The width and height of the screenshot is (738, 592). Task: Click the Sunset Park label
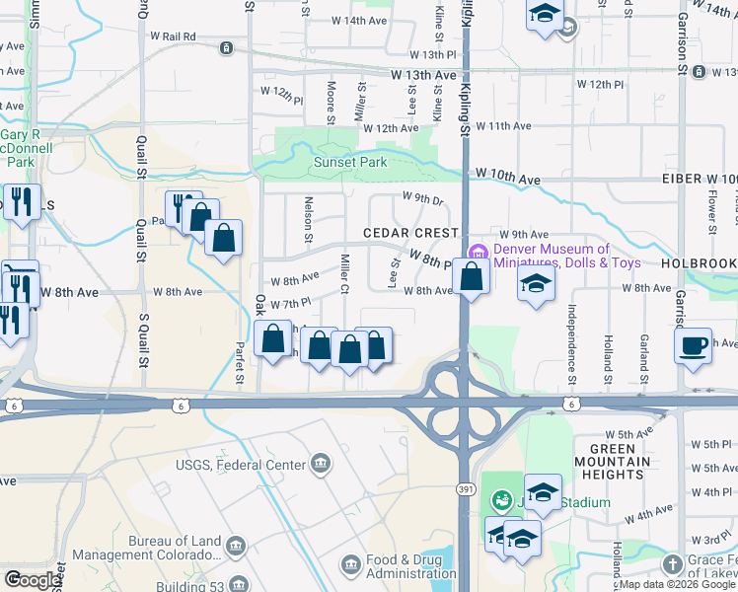(350, 163)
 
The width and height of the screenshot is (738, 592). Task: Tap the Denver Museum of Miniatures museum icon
(480, 251)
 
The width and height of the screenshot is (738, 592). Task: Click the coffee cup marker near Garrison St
(695, 345)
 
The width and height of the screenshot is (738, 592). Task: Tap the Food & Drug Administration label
(411, 566)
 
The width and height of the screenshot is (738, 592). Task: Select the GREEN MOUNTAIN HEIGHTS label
(620, 462)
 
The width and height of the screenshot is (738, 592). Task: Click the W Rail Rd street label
(173, 36)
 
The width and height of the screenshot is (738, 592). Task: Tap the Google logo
(33, 580)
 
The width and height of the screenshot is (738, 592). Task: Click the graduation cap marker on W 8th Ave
(537, 283)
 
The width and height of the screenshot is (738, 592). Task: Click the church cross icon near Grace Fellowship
(672, 564)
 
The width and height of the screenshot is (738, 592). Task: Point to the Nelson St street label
(308, 223)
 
